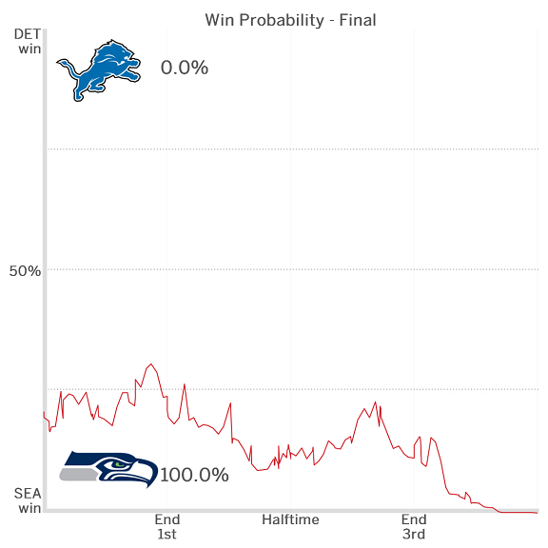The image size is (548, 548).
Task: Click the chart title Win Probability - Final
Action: point(290,20)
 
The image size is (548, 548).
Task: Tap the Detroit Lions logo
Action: point(99,69)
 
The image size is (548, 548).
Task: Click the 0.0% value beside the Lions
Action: point(185,68)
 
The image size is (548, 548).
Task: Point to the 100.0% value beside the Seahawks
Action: point(195,475)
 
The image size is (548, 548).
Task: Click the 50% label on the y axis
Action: point(26,270)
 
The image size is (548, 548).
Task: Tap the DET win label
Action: point(29,42)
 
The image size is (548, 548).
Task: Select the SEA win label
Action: point(29,500)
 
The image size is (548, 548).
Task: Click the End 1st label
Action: point(166,527)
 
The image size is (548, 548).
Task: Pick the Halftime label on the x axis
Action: point(290,519)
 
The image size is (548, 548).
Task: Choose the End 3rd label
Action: point(414,527)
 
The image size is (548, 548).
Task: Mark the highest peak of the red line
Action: point(150,363)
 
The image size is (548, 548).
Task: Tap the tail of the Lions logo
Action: point(64,65)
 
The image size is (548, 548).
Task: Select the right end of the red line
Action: point(537,513)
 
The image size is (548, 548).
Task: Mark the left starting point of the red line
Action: point(44,412)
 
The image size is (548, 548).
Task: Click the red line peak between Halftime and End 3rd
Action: point(375,401)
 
